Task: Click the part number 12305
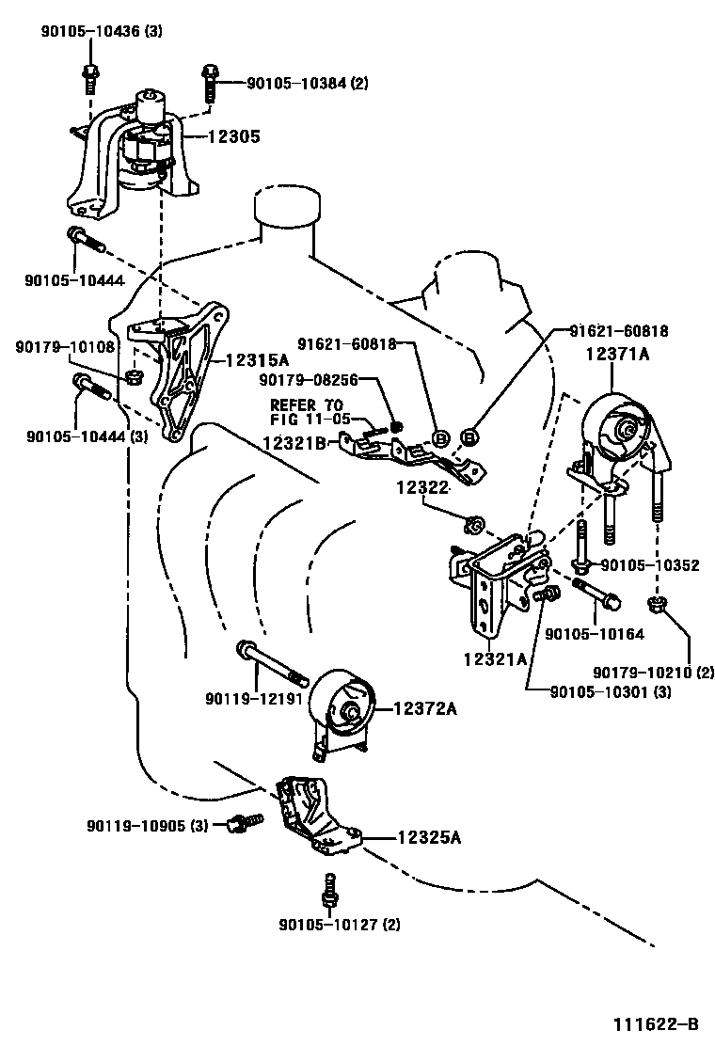233,137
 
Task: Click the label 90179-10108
65,346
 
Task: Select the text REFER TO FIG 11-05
310,412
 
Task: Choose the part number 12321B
295,442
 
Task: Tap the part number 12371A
618,354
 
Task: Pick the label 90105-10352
649,565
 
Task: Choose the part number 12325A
428,836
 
